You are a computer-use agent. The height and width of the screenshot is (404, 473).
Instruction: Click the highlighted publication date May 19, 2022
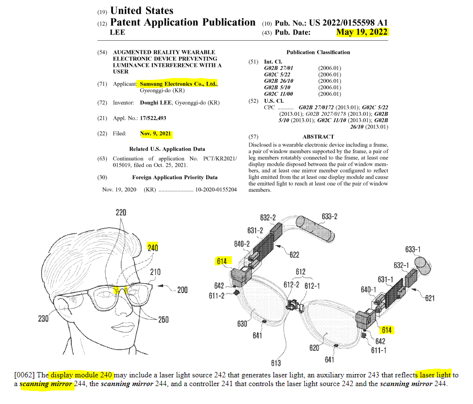pyautogui.click(x=362, y=32)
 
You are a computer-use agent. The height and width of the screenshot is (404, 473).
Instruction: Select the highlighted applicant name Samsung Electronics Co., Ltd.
pyautogui.click(x=178, y=84)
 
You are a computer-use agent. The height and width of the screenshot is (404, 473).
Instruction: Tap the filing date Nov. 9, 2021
pyautogui.click(x=156, y=134)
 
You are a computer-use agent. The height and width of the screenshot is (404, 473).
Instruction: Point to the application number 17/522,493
pyautogui.click(x=153, y=118)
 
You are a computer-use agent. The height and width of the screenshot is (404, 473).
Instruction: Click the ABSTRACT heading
pyautogui.click(x=318, y=137)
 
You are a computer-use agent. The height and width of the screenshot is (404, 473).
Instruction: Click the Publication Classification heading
pyautogui.click(x=318, y=52)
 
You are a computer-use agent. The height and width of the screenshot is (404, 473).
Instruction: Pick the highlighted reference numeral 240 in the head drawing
pyautogui.click(x=153, y=248)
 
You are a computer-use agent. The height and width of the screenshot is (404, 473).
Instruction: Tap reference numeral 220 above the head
pyautogui.click(x=120, y=212)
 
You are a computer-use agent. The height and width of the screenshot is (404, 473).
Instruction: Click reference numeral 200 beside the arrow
pyautogui.click(x=182, y=290)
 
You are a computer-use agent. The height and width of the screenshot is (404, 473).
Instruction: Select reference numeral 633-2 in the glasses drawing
pyautogui.click(x=329, y=216)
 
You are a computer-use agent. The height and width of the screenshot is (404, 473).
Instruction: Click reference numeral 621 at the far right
pyautogui.click(x=429, y=298)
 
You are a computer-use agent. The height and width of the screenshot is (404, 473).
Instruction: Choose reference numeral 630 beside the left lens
pyautogui.click(x=243, y=324)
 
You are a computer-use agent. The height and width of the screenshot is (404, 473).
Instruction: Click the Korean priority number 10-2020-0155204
pyautogui.click(x=216, y=189)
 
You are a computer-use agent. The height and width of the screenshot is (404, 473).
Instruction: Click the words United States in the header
pyautogui.click(x=142, y=10)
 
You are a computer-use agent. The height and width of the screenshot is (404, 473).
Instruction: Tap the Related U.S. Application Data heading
pyautogui.click(x=167, y=149)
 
